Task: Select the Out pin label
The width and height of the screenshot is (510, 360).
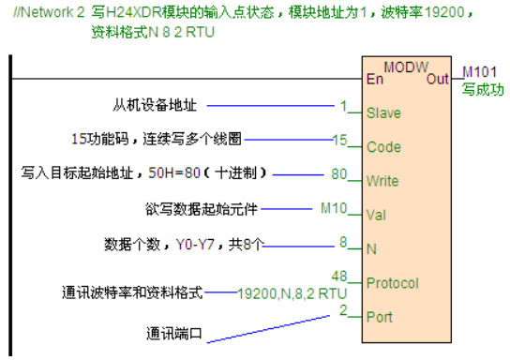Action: [438, 79]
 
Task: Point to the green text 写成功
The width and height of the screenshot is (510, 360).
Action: [483, 90]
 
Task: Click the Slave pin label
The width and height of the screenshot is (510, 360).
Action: [383, 113]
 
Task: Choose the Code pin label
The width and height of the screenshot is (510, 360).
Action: [383, 147]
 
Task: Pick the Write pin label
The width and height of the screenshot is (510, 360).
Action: [382, 180]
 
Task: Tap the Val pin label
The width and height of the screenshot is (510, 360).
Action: [375, 214]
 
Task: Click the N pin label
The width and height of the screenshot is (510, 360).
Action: [371, 248]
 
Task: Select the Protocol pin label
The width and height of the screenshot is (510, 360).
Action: [392, 282]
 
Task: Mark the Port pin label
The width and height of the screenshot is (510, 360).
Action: [379, 316]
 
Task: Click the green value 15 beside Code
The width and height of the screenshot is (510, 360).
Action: [339, 140]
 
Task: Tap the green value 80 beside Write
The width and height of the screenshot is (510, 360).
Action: [339, 173]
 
